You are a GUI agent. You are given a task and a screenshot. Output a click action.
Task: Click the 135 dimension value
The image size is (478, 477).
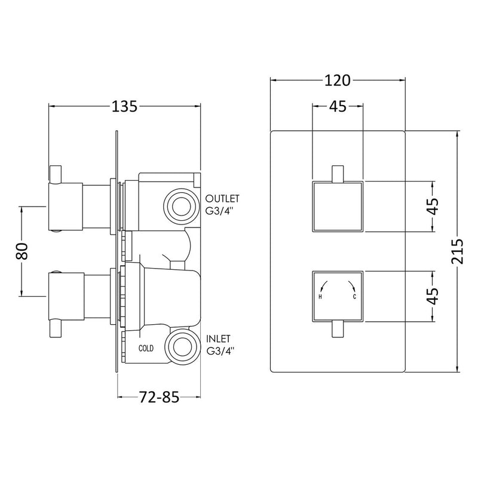pos(125,107)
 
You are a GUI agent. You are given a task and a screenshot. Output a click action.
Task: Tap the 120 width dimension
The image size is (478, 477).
pos(338,81)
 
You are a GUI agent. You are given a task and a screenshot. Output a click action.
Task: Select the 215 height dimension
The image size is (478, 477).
pos(457,251)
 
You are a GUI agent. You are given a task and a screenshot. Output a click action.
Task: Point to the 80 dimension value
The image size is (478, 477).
pos(22,251)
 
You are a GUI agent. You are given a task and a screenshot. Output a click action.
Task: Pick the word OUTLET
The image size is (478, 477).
pos(222,199)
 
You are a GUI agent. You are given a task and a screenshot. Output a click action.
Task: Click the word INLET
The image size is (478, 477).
pos(218,338)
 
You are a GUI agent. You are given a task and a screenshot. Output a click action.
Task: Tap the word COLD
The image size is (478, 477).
pos(146,348)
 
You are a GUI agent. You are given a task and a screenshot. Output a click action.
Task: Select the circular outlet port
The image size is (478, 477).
pos(182,207)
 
